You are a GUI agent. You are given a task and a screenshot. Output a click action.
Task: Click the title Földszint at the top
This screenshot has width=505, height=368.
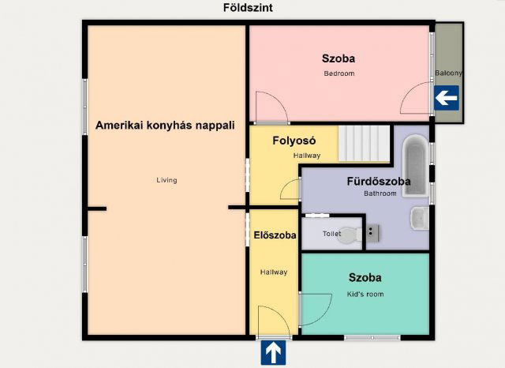pyautogui.click(x=249, y=8)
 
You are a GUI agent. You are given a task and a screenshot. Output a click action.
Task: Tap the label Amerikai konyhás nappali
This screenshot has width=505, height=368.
pyautogui.click(x=166, y=125)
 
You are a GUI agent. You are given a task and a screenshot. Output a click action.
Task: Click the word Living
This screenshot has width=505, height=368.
pyautogui.click(x=166, y=180)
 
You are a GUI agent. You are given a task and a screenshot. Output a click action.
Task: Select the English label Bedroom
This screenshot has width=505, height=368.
pyautogui.click(x=339, y=73)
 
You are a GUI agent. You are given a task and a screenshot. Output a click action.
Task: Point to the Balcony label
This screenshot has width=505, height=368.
pyautogui.click(x=448, y=73)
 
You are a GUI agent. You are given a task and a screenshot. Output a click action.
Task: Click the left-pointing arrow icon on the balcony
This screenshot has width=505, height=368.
pyautogui.click(x=447, y=98)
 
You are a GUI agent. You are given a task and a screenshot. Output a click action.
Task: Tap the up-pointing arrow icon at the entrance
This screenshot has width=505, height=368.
pyautogui.click(x=273, y=352)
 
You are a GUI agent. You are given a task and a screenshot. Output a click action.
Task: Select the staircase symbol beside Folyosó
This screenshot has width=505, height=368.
pyautogui.click(x=365, y=142)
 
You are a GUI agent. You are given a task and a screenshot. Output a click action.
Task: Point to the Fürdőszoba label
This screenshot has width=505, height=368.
pyautogui.click(x=379, y=181)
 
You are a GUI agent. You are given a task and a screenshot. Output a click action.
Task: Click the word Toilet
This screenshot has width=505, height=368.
pyautogui.click(x=332, y=234)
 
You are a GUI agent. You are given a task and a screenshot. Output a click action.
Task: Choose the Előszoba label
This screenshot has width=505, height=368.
pyautogui.click(x=275, y=235)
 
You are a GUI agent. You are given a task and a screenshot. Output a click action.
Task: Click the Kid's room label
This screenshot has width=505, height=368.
pyautogui.click(x=365, y=294)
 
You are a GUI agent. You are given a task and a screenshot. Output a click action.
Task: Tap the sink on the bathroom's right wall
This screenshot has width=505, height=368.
pyautogui.click(x=419, y=217)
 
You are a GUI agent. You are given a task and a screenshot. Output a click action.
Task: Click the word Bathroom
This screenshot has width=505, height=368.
pyautogui.click(x=380, y=193)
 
